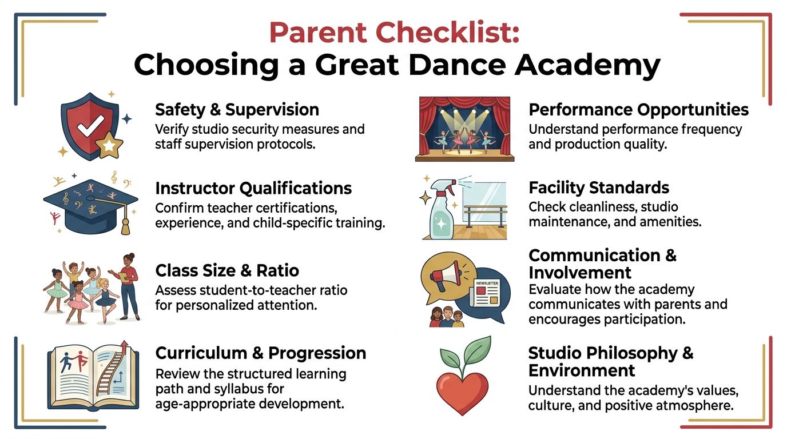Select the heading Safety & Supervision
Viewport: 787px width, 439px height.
(x=237, y=109)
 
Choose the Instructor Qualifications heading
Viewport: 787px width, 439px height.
(x=253, y=187)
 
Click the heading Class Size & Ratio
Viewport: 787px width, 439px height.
(x=227, y=270)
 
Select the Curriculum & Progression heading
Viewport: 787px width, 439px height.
(x=261, y=353)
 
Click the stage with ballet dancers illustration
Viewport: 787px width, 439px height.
(x=464, y=129)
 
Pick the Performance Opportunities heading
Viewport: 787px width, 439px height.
(x=638, y=109)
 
